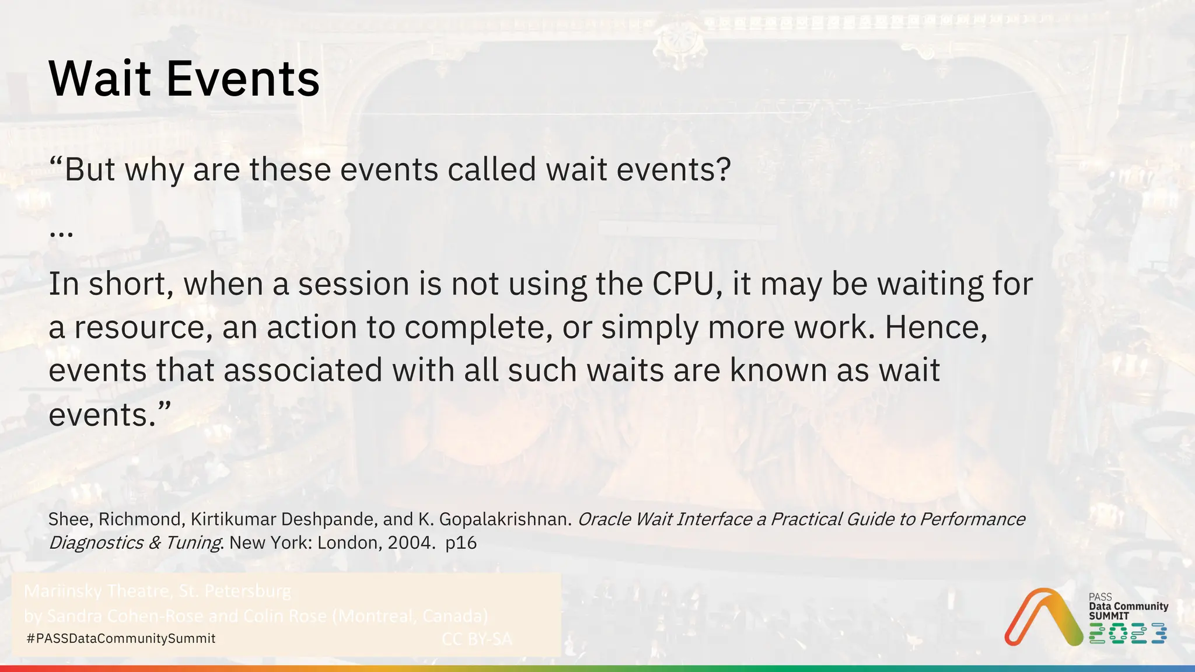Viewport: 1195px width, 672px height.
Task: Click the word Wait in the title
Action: [100, 79]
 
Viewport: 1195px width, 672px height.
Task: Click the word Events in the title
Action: [243, 79]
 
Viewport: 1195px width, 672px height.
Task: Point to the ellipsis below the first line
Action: [61, 234]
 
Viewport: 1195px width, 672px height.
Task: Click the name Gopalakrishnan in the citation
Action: [505, 519]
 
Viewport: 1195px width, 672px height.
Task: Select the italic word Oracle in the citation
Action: [605, 519]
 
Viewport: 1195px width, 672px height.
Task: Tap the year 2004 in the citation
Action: [411, 543]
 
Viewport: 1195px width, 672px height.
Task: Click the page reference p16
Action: [461, 543]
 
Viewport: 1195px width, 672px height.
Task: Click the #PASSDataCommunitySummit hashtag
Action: [121, 639]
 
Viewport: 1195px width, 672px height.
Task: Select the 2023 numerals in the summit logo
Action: [1127, 633]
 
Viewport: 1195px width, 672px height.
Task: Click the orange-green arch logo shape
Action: [1042, 618]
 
